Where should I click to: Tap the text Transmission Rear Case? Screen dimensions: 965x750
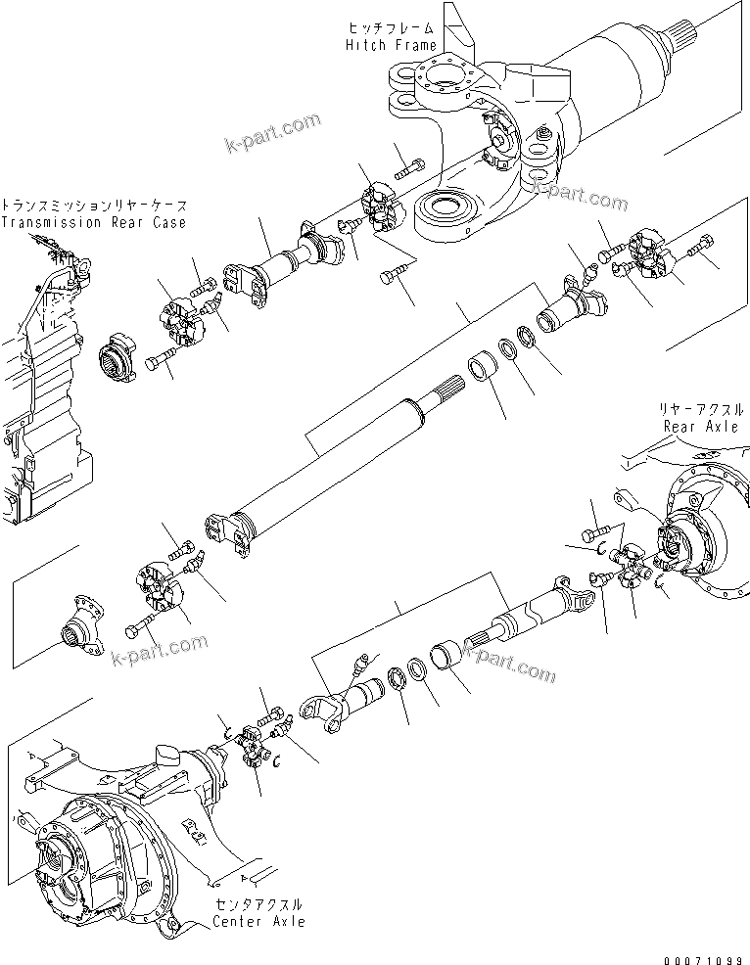click(x=92, y=222)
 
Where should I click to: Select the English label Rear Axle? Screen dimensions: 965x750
click(x=700, y=426)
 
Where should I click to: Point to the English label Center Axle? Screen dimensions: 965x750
click(x=258, y=921)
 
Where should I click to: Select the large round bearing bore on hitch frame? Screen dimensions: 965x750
click(x=446, y=210)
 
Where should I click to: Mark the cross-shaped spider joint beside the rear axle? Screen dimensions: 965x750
click(x=633, y=571)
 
